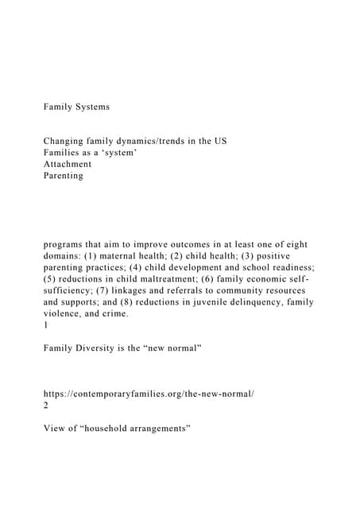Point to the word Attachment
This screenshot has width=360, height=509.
coord(68,164)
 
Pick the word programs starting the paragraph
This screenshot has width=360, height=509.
coord(66,244)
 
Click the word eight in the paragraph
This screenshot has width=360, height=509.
coord(296,244)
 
